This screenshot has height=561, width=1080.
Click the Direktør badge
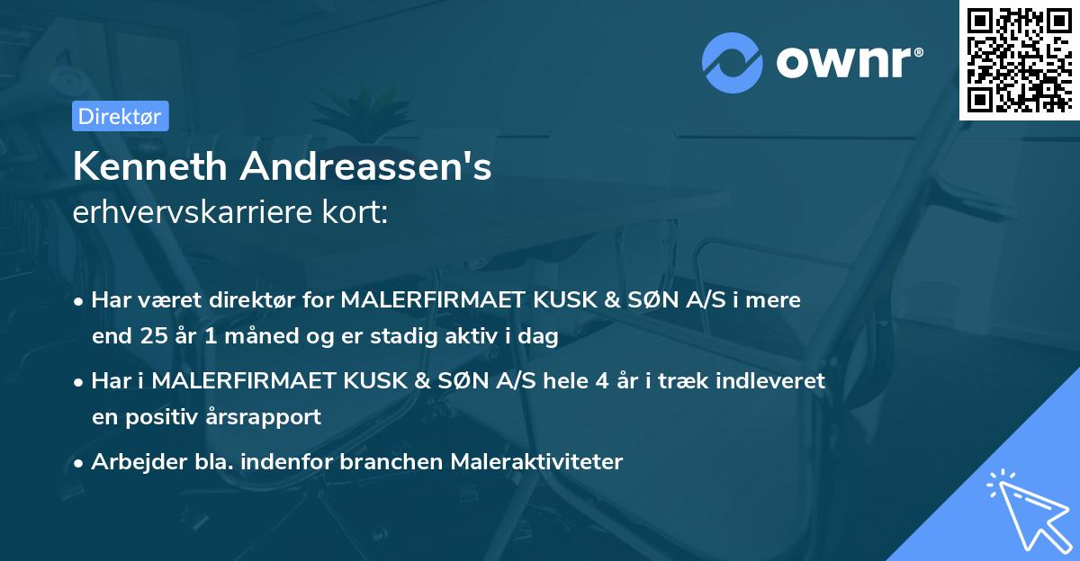[x=120, y=116]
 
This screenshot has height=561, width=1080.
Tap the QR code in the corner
[x=1019, y=60]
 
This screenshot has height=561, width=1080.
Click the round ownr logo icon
[x=733, y=62]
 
